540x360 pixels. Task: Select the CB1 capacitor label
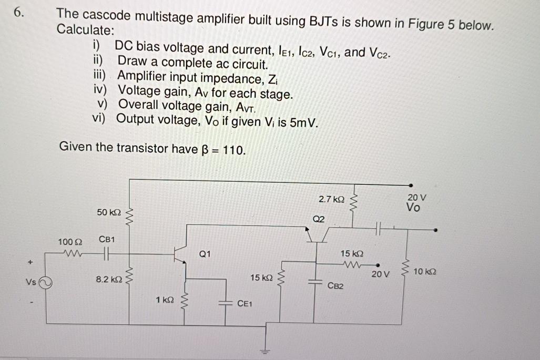(107, 239)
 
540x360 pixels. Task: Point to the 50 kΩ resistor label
(109, 212)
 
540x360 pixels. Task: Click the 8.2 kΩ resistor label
(108, 281)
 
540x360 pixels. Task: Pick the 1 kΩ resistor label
(165, 300)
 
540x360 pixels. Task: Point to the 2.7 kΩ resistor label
(332, 200)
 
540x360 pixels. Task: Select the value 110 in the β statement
(233, 149)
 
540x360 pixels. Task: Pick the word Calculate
(85, 30)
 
